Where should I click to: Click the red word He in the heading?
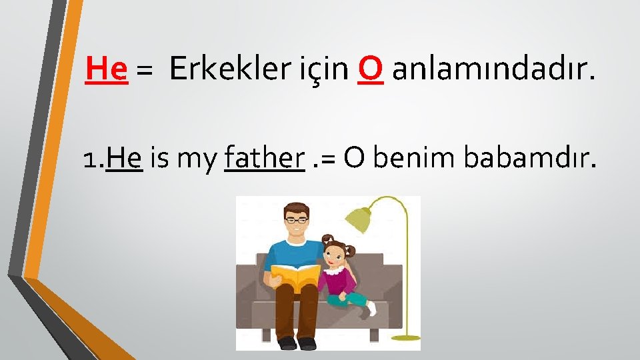click(x=107, y=68)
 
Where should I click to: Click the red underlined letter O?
click(x=370, y=68)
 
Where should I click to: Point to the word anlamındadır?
click(x=493, y=68)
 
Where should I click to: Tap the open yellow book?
click(x=295, y=275)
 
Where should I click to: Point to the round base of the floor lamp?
click(x=407, y=337)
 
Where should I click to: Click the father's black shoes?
click(x=297, y=343)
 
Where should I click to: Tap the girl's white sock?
click(x=371, y=309)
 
